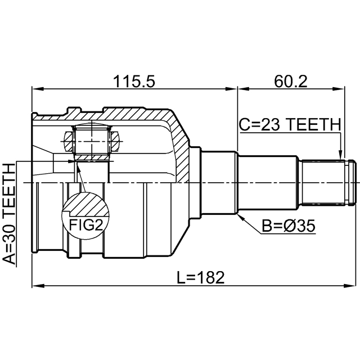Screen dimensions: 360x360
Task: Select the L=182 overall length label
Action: pyautogui.click(x=200, y=277)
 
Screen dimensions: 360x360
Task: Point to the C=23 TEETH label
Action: pyautogui.click(x=289, y=124)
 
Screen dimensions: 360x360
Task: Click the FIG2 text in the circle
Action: pyautogui.click(x=85, y=226)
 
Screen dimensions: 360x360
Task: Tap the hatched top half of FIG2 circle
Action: pyautogui.click(x=85, y=204)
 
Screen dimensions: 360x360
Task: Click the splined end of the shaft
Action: pyautogui.click(x=326, y=183)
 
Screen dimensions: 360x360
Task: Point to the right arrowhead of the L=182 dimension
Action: pyautogui.click(x=339, y=286)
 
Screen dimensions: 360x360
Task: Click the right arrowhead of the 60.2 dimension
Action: pyautogui.click(x=339, y=88)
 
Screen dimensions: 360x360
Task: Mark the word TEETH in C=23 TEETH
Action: pyautogui.click(x=314, y=124)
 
